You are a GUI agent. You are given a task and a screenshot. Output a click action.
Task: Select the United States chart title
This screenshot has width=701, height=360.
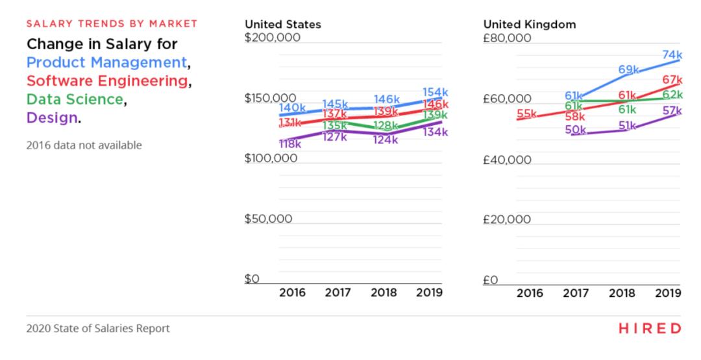click(282, 25)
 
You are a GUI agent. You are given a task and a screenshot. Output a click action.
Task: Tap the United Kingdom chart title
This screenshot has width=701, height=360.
click(529, 25)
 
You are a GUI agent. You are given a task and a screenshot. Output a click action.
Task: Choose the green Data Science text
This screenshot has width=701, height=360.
click(75, 99)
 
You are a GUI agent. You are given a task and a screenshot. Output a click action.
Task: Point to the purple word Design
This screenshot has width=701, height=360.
click(51, 118)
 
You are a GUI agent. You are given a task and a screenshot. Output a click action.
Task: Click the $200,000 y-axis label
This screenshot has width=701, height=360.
click(272, 38)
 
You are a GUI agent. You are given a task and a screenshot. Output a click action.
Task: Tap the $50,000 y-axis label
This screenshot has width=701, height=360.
click(268, 219)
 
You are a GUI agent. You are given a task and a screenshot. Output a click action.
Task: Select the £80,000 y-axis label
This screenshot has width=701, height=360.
click(507, 38)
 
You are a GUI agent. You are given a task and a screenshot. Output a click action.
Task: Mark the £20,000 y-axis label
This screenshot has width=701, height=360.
click(507, 219)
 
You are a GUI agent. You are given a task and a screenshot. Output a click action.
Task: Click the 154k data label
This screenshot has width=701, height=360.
click(435, 92)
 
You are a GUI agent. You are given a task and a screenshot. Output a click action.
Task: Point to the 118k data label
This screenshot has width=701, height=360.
click(290, 144)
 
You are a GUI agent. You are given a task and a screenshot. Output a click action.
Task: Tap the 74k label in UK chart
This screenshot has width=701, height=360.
click(672, 55)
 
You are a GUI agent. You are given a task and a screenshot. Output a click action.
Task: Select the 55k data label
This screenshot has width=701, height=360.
click(526, 114)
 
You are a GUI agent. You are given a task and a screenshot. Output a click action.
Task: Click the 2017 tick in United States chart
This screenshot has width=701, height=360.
click(338, 293)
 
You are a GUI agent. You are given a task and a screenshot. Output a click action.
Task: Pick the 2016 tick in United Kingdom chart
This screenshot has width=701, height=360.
click(530, 293)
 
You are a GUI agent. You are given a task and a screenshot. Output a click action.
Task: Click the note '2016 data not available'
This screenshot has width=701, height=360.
click(84, 145)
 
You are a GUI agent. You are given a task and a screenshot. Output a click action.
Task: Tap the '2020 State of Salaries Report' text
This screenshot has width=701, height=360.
click(98, 328)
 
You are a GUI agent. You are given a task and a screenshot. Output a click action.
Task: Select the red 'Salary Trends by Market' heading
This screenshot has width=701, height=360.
click(112, 25)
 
